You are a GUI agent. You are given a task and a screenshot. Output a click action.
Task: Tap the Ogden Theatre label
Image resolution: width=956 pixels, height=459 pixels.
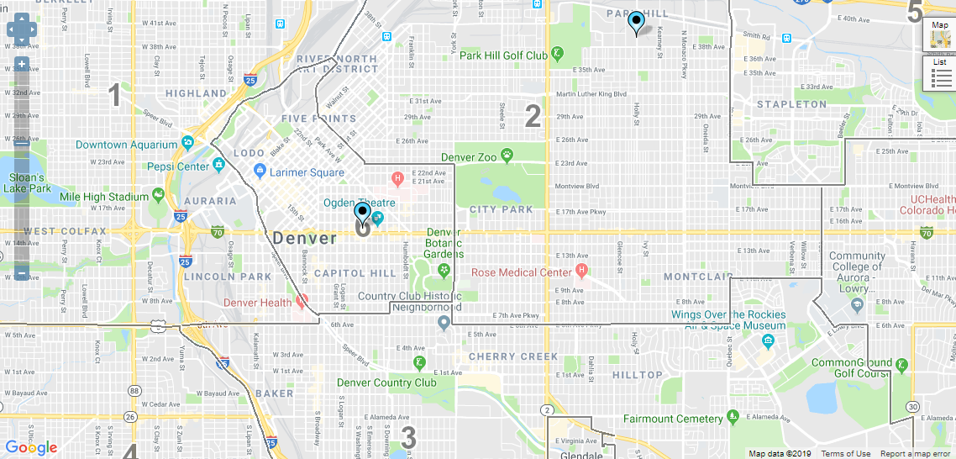click(359, 203)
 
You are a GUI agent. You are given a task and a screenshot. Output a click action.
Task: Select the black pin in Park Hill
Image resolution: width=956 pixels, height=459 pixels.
click(637, 22)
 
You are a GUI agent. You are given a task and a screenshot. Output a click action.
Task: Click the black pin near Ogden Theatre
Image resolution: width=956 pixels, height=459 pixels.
click(362, 214)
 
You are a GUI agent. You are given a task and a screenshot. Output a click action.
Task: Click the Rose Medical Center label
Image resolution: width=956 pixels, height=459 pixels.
click(522, 272)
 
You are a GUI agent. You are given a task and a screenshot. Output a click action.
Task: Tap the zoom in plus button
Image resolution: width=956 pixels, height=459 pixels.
click(21, 65)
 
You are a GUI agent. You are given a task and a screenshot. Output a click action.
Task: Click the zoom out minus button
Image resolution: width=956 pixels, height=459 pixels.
click(21, 273)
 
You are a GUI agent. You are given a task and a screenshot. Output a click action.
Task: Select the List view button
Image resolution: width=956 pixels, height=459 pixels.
click(941, 74)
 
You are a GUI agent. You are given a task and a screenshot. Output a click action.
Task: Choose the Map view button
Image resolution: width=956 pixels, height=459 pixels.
click(940, 34)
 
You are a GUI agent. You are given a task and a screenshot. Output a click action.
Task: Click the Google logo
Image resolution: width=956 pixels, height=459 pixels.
click(31, 447)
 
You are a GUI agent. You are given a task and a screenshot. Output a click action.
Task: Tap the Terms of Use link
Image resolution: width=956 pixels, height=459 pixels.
click(845, 454)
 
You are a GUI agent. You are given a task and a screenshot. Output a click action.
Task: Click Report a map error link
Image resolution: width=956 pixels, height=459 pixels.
click(917, 454)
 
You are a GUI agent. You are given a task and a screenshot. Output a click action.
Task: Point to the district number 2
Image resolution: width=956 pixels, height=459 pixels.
click(533, 116)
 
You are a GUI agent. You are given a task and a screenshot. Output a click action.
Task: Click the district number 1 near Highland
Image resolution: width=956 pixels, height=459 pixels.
click(115, 96)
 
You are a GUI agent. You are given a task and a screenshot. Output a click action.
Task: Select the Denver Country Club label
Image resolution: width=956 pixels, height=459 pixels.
click(386, 382)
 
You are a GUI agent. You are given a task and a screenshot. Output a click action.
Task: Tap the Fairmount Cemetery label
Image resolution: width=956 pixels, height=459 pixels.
click(672, 418)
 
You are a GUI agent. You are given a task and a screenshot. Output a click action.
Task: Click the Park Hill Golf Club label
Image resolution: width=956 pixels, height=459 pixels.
click(503, 55)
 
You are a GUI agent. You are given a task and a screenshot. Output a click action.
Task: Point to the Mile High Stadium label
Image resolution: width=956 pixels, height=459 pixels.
click(104, 198)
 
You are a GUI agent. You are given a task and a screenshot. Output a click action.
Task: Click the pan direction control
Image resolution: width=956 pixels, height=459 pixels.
click(21, 31)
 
